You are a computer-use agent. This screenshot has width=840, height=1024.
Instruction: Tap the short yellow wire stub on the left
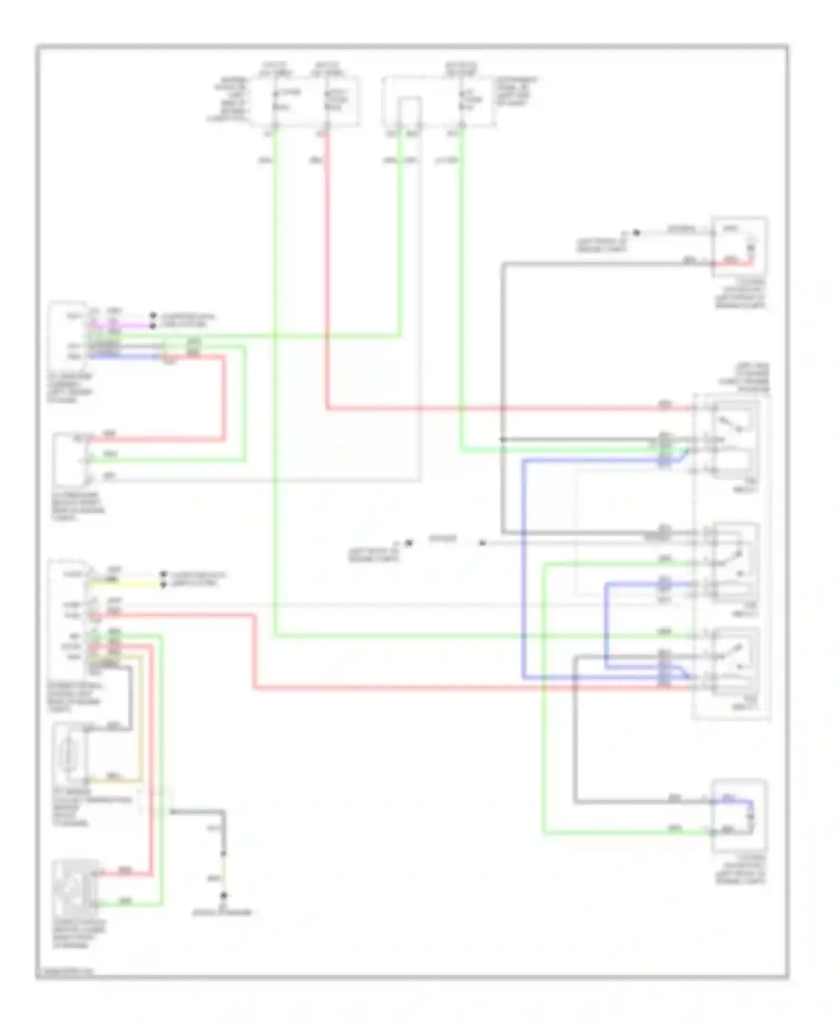[x=126, y=584]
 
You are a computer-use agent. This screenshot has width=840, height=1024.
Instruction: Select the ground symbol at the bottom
[x=223, y=897]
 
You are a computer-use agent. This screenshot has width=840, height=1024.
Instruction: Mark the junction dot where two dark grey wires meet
[x=502, y=440]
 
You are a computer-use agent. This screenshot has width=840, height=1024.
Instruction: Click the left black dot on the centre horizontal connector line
[x=409, y=543]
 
